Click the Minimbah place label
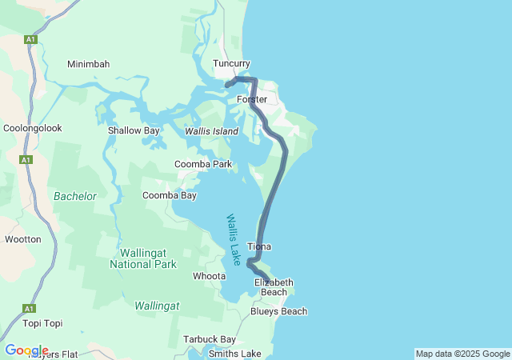tap(88, 64)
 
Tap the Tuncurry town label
tap(231, 63)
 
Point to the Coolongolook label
tap(32, 128)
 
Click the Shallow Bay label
tap(134, 130)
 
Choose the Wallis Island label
tap(211, 131)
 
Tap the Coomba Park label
tap(203, 165)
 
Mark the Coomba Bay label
tap(169, 195)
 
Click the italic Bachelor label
tap(74, 196)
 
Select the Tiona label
tap(259, 246)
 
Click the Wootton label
tap(22, 239)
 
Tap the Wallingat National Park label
tap(142, 258)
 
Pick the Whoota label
tap(209, 276)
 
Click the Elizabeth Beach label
tap(274, 287)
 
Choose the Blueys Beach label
tap(278, 311)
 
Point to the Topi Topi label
tap(42, 323)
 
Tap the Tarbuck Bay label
tap(209, 339)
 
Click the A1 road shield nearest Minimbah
tap(30, 39)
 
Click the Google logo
tap(26, 350)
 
